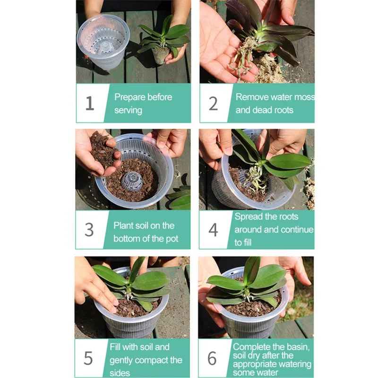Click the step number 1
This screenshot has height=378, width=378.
pyautogui.click(x=90, y=103)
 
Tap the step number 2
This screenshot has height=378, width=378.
pyautogui.click(x=214, y=103)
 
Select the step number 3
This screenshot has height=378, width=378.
pyautogui.click(x=89, y=230)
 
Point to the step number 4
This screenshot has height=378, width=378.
pyautogui.click(x=213, y=230)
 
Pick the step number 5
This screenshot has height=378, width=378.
pyautogui.click(x=88, y=358)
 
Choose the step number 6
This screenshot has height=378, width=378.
pyautogui.click(x=212, y=358)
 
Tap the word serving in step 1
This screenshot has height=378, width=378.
pyautogui.click(x=128, y=111)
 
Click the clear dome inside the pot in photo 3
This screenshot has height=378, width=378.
pyautogui.click(x=132, y=181)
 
